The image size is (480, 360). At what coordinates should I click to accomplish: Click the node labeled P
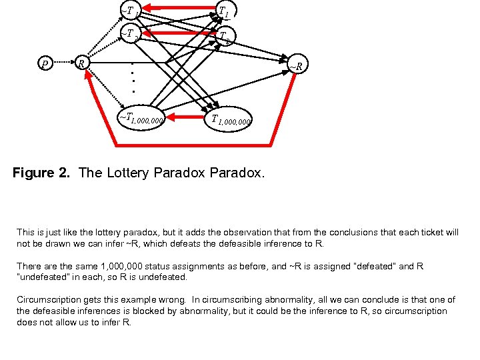[x=45, y=64]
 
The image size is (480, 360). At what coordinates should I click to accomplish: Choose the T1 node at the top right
[x=225, y=11]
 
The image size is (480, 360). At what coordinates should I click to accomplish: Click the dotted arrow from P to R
[x=62, y=64]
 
